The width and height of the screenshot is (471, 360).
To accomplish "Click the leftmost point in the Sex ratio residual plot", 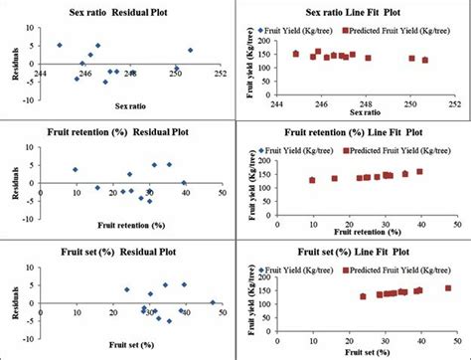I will [x=59, y=46].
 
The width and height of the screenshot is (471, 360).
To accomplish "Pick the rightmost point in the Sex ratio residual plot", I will [x=190, y=50].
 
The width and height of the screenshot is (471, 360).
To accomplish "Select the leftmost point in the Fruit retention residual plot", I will [x=76, y=169].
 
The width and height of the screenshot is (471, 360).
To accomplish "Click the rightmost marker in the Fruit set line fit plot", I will [x=447, y=288].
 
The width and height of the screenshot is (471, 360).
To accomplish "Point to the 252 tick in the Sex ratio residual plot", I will [x=219, y=72].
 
